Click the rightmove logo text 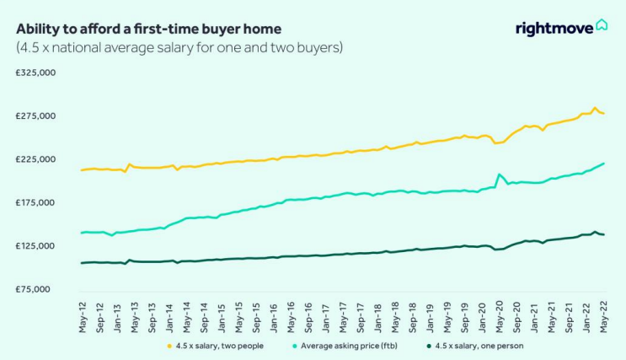tap(554, 29)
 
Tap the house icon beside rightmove tap(602, 24)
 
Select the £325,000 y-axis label tap(35, 73)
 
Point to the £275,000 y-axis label tap(35, 116)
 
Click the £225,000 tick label tap(35, 159)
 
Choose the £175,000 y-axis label tap(35, 202)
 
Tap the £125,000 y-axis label tap(35, 245)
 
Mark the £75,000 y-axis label tap(33, 289)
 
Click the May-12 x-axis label tap(83, 318)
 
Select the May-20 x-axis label tap(500, 318)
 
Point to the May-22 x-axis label tap(603, 318)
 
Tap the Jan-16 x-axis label tap(274, 318)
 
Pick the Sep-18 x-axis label tap(413, 318)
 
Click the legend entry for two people tap(215, 346)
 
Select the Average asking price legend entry tap(345, 346)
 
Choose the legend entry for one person tap(474, 346)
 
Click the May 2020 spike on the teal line tap(499, 175)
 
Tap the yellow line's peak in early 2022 tap(595, 108)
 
